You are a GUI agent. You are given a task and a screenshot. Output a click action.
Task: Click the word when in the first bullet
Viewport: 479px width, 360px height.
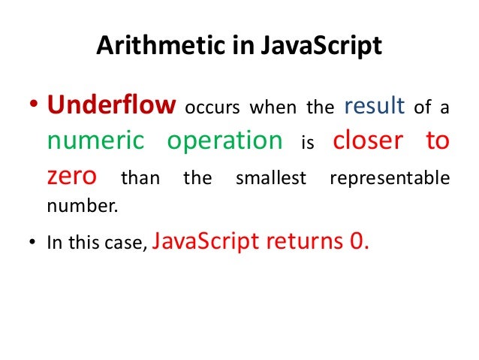click(x=273, y=108)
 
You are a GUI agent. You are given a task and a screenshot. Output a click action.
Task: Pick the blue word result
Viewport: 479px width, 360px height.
click(x=375, y=106)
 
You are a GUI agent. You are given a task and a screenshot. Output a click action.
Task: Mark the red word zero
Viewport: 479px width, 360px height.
click(x=71, y=177)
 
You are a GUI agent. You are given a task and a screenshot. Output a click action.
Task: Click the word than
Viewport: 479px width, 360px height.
click(x=140, y=179)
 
